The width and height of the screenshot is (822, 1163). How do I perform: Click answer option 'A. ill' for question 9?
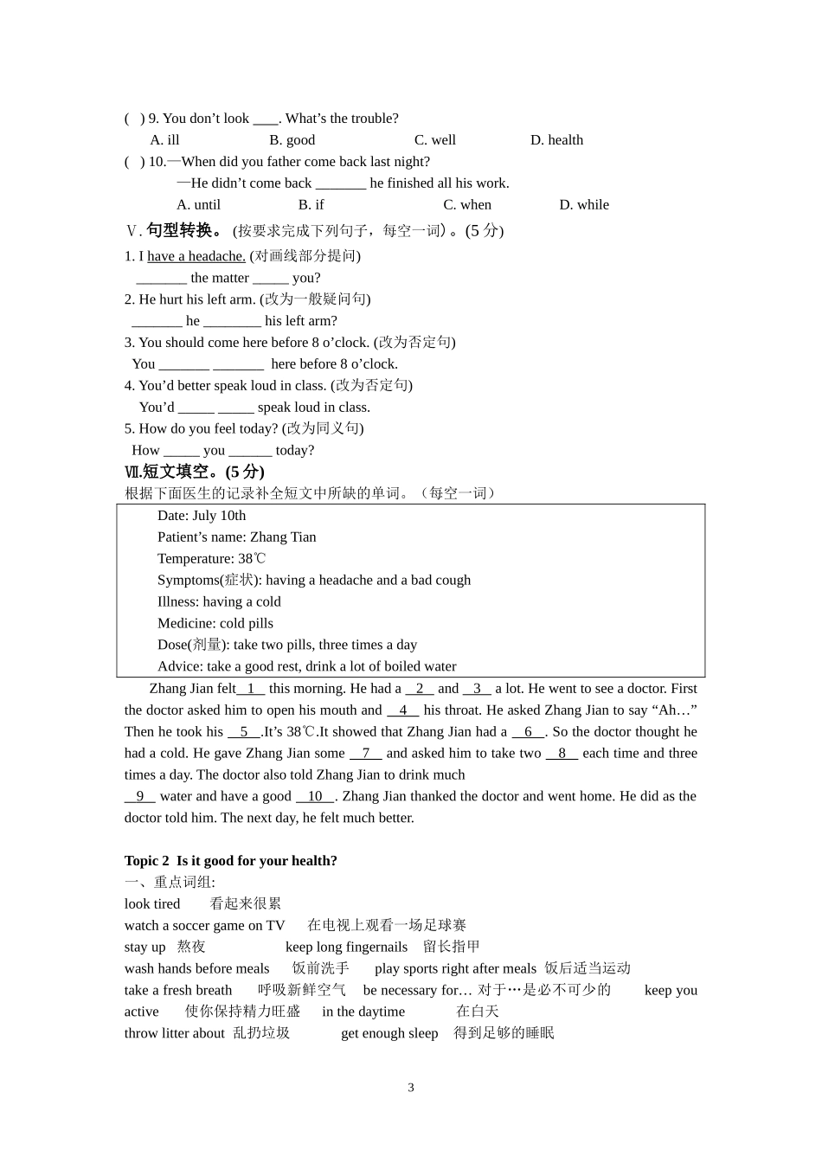click(x=164, y=140)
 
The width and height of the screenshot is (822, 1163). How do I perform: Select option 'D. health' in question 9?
click(x=556, y=140)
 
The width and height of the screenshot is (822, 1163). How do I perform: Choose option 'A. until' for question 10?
click(x=198, y=205)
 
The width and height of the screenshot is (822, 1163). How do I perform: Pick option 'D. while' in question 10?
click(x=584, y=205)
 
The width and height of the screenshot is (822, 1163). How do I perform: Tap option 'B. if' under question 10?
click(x=311, y=205)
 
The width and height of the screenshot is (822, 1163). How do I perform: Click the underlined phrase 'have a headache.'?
click(x=196, y=256)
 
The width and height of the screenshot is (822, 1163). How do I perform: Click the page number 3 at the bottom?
click(x=411, y=1088)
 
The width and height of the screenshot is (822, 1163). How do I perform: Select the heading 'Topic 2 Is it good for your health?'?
click(x=230, y=861)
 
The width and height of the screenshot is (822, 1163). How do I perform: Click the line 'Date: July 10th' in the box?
click(x=202, y=516)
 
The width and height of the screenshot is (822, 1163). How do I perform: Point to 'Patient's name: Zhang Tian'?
click(x=236, y=537)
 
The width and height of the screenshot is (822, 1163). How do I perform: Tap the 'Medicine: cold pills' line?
click(x=215, y=624)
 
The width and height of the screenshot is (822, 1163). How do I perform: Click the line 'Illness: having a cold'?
click(x=219, y=602)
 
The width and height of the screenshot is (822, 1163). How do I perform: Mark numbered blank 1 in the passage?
click(x=251, y=689)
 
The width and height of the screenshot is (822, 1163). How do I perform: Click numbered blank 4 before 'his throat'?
click(x=403, y=710)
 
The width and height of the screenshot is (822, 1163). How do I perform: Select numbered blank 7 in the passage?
click(x=366, y=754)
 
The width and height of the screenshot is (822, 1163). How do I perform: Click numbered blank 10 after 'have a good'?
click(x=315, y=797)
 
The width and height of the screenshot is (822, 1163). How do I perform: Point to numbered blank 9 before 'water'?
click(x=140, y=797)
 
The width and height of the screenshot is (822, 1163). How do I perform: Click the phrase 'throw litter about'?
click(x=174, y=1033)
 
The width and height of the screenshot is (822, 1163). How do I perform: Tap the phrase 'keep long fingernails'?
click(x=346, y=948)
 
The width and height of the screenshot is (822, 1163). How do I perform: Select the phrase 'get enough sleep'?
click(x=389, y=1033)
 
